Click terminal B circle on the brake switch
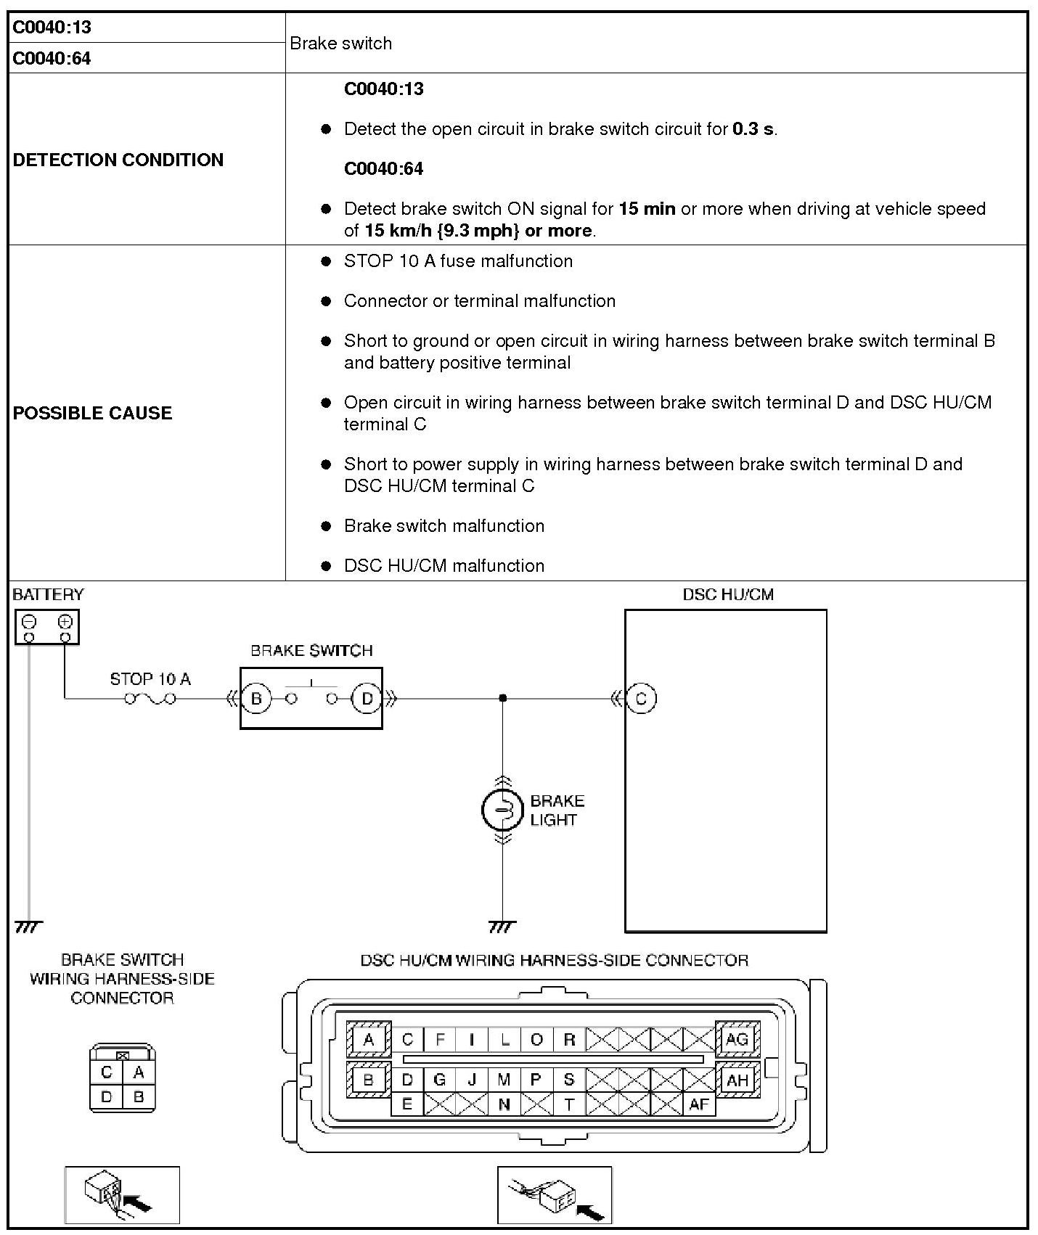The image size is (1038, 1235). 256,699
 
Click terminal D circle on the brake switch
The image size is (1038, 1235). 367,699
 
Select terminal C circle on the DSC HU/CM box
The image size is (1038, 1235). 640,699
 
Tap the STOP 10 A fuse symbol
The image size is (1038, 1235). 150,699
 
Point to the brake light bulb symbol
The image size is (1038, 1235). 502,810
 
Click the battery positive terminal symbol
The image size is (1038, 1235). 65,622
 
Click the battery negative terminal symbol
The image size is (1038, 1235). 29,622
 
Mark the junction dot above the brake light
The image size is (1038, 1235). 503,698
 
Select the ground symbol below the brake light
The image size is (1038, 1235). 502,927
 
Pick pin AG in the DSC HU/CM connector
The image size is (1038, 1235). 737,1039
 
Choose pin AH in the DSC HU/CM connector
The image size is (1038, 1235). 737,1080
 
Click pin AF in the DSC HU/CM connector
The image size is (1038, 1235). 698,1104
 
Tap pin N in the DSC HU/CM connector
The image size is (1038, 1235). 504,1104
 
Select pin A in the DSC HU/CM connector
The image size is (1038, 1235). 368,1039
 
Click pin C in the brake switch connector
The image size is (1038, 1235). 107,1072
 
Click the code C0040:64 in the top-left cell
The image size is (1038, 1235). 52,58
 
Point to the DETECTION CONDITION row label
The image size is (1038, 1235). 118,160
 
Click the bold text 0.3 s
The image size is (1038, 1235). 753,129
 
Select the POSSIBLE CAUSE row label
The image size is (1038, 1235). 93,413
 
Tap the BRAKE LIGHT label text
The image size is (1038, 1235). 557,811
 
